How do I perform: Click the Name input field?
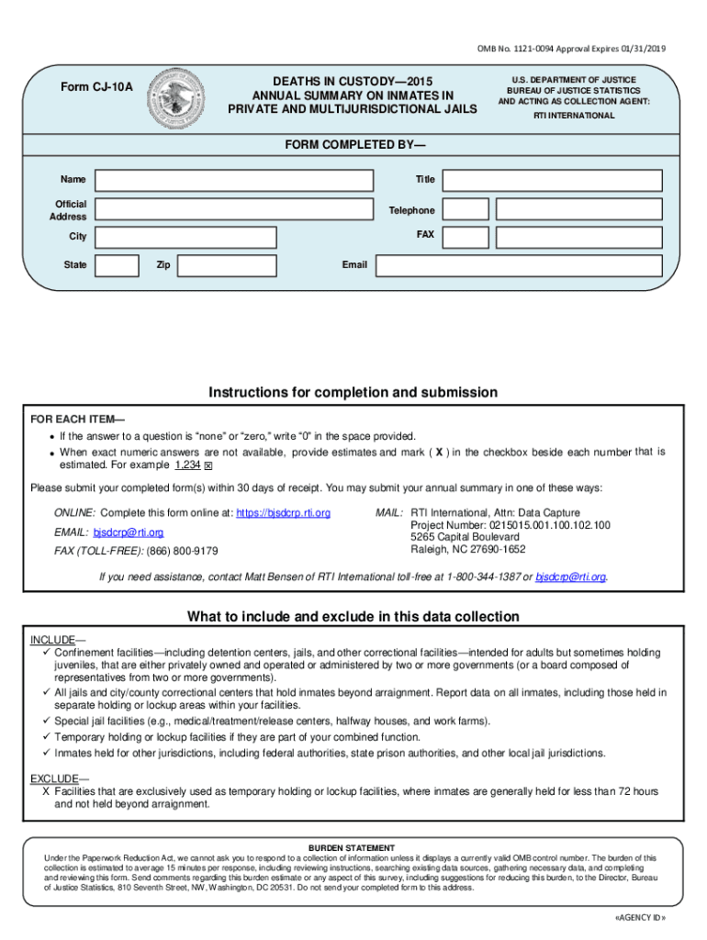(x=234, y=180)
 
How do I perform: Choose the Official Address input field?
(x=234, y=209)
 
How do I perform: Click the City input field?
(x=185, y=237)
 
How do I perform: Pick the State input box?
(x=118, y=265)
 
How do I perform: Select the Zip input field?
(x=227, y=265)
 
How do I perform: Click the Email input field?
(x=519, y=265)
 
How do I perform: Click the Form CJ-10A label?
(x=96, y=88)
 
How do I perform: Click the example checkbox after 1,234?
(x=208, y=466)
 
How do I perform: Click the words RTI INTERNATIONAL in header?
(x=574, y=116)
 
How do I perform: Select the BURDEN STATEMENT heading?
(x=352, y=847)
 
